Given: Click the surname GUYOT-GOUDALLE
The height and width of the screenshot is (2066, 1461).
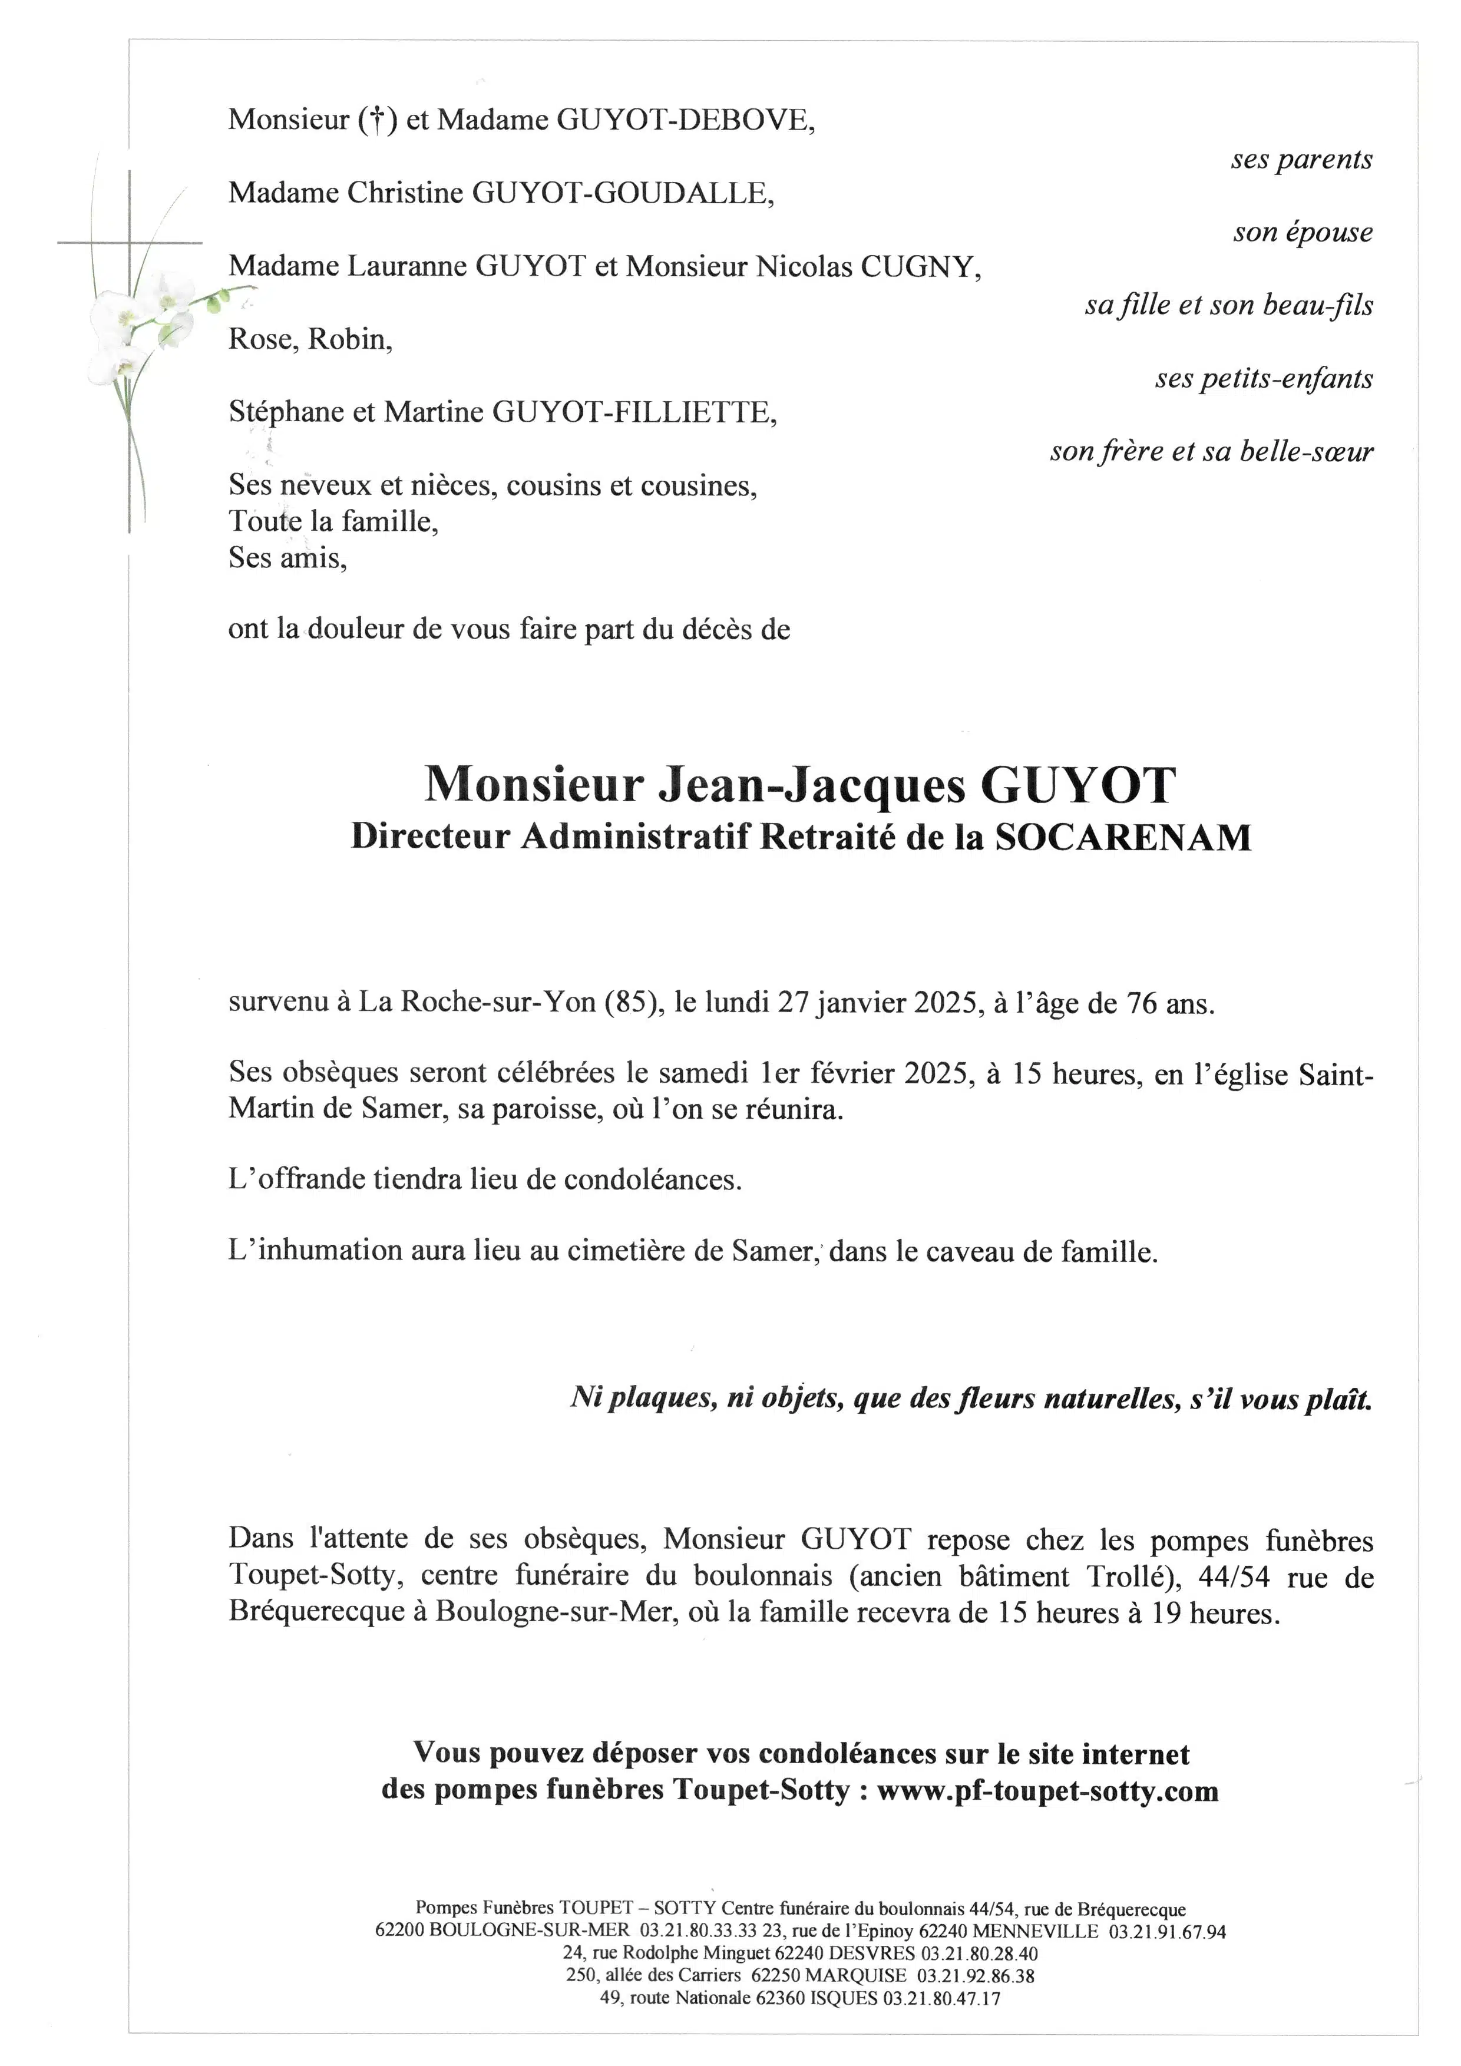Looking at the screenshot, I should coord(622,193).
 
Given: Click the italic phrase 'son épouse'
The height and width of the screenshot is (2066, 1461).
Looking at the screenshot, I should coord(1302,232).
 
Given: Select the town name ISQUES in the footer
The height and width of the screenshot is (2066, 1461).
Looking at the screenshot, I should coord(843,1998).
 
